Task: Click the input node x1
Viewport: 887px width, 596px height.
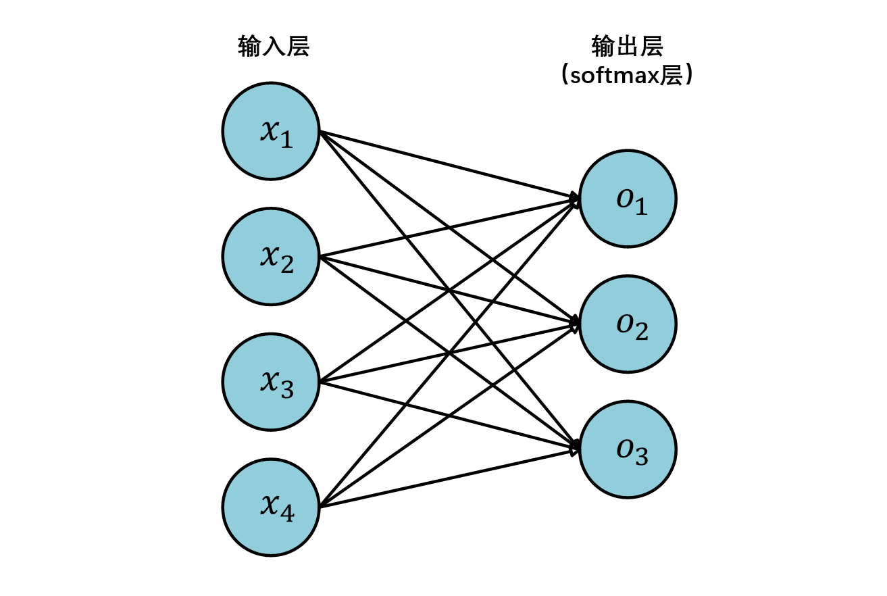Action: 270,131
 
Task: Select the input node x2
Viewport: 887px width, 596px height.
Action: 270,256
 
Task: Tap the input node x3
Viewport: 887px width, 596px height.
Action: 270,382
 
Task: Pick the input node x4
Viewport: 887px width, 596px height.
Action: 270,507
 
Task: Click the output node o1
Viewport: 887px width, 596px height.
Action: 628,199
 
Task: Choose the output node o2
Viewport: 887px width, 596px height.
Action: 628,324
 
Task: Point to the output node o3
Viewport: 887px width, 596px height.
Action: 628,449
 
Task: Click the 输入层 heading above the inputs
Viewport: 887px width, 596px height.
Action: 274,47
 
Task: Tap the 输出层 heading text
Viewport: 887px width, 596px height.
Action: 628,47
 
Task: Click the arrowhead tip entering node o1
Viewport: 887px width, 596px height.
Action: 578,199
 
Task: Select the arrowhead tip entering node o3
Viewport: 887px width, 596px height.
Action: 578,449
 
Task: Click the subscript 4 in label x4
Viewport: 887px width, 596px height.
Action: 286,514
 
